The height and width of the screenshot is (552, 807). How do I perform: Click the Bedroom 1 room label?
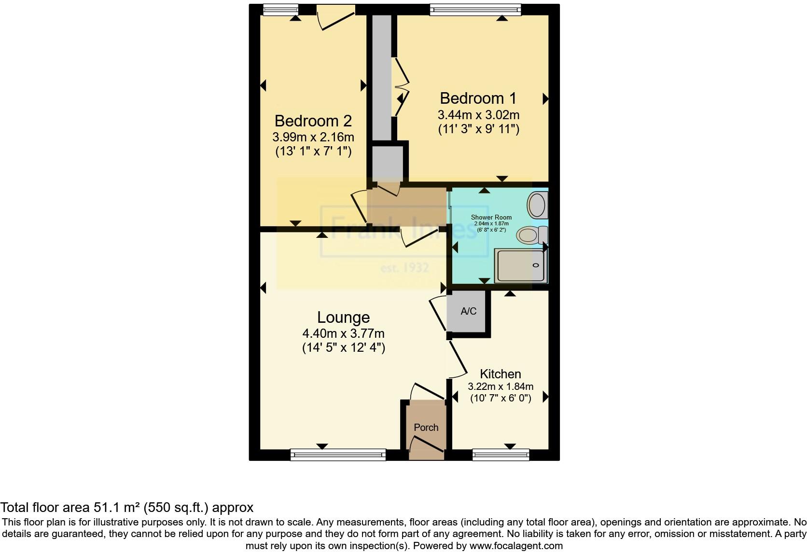pyautogui.click(x=478, y=98)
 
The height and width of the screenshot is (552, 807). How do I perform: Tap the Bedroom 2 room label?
pyautogui.click(x=313, y=121)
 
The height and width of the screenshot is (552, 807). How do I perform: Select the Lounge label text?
pyautogui.click(x=343, y=317)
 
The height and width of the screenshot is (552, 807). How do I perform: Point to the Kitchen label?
pyautogui.click(x=500, y=374)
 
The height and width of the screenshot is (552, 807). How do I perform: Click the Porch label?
pyautogui.click(x=426, y=428)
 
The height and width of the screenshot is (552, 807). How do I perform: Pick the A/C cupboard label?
pyautogui.click(x=468, y=311)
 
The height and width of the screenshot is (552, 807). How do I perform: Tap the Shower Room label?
pyautogui.click(x=491, y=218)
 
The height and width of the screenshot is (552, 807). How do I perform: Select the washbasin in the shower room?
pyautogui.click(x=537, y=205)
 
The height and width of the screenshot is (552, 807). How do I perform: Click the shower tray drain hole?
pyautogui.click(x=535, y=265)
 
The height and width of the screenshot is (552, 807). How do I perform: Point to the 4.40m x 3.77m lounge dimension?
pyautogui.click(x=343, y=333)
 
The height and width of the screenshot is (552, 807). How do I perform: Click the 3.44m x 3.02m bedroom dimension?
pyautogui.click(x=478, y=115)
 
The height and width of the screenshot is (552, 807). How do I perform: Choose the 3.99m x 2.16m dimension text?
pyautogui.click(x=313, y=137)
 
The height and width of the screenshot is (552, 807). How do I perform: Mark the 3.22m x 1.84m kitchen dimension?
pyautogui.click(x=501, y=386)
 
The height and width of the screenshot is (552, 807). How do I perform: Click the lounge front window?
pyautogui.click(x=338, y=455)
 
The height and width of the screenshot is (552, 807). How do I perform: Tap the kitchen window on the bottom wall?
pyautogui.click(x=501, y=455)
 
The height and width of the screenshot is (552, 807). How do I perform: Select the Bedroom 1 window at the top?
pyautogui.click(x=475, y=9)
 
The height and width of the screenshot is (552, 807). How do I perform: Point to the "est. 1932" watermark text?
pyautogui.click(x=404, y=268)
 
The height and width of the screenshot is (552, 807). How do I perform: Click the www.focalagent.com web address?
pyautogui.click(x=515, y=546)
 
